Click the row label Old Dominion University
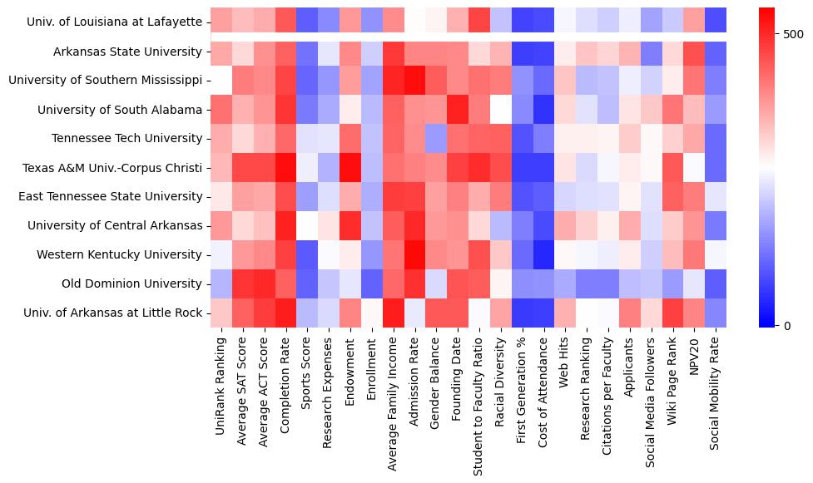[131, 284]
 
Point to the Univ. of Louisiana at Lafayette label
[115, 22]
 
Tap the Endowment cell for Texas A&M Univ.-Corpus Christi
[350, 168]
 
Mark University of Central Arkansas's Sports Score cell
[307, 226]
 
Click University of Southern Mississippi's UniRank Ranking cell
[221, 81]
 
